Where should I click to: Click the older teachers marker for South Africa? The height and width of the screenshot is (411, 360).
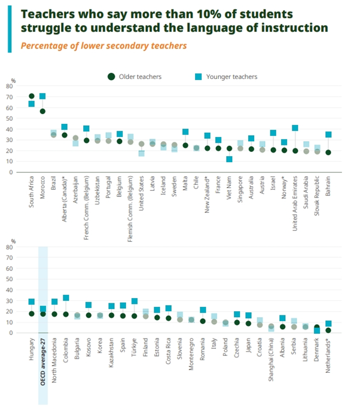point(32,96)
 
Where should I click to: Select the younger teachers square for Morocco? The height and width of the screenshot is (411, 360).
point(42,96)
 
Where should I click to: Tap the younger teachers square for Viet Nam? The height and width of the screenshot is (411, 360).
point(229,159)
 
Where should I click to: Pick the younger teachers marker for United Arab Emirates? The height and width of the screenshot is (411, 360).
point(295,128)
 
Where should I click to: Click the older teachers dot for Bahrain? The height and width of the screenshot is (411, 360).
point(328,153)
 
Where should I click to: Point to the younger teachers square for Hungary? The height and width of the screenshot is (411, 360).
point(32,302)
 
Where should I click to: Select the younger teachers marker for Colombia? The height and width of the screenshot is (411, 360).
point(66,298)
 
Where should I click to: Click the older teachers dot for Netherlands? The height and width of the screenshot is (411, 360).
point(328,330)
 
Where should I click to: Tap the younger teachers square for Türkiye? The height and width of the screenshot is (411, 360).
point(135,302)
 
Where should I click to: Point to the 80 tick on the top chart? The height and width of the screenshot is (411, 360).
point(10,87)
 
